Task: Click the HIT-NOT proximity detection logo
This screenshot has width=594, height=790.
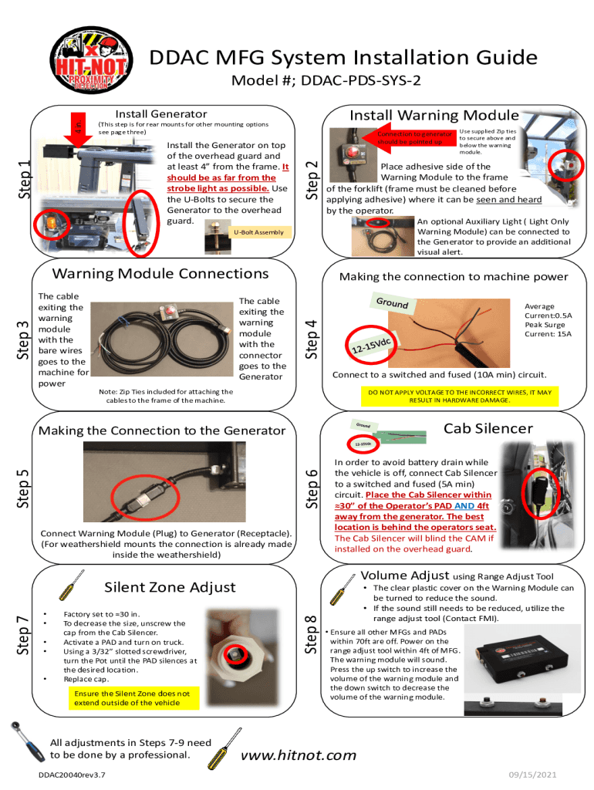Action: point(91,60)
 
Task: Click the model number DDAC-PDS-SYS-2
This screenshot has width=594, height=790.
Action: point(361,80)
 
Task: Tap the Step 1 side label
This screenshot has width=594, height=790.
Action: point(24,179)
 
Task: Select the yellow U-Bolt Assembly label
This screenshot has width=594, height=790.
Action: point(259,232)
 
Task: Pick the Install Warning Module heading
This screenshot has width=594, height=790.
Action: point(434,116)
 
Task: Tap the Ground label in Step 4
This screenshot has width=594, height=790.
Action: point(393,302)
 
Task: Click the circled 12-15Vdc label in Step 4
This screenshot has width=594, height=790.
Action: point(371,345)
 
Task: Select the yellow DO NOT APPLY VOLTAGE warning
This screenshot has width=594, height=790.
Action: point(460,396)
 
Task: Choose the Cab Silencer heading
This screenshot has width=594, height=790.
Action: point(488,428)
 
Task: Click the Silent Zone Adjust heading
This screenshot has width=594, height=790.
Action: point(170,587)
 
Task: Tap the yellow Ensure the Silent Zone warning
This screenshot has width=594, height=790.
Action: point(132,698)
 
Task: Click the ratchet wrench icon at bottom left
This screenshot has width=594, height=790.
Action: point(28,741)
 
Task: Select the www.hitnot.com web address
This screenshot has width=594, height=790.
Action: point(299,755)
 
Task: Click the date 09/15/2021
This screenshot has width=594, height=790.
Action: point(532,775)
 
